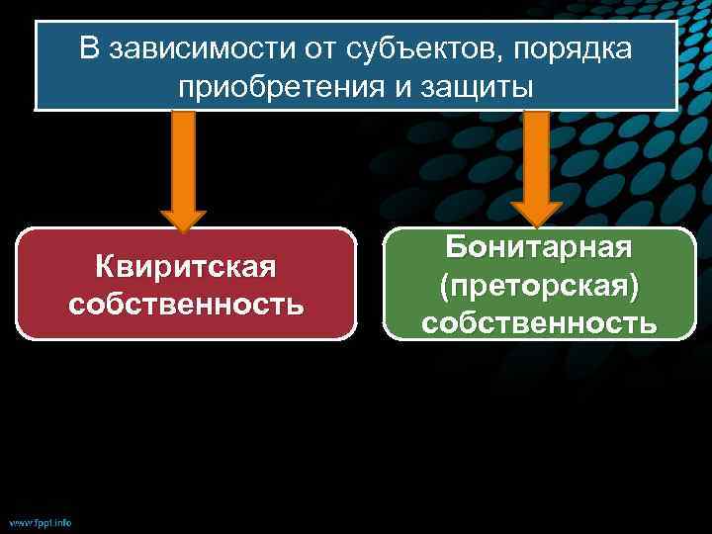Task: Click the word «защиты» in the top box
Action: [x=479, y=87]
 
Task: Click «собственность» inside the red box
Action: [x=186, y=303]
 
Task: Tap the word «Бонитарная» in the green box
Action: [x=539, y=246]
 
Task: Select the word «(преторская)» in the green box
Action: [x=539, y=284]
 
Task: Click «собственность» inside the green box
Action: [x=539, y=321]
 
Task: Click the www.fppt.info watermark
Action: [x=41, y=522]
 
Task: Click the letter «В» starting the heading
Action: [x=90, y=49]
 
